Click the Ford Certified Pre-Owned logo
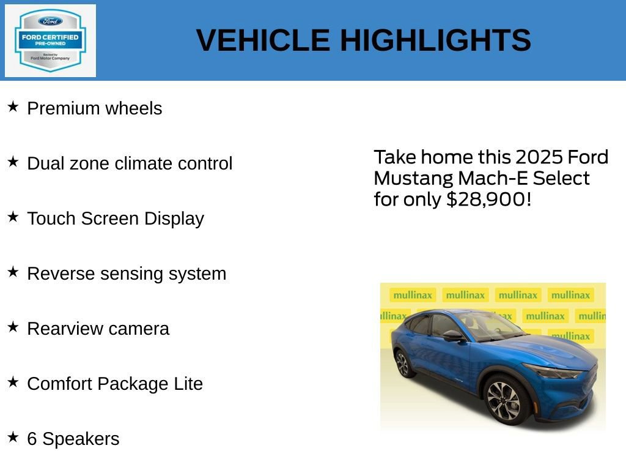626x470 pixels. click(50, 40)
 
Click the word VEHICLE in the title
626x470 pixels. click(263, 40)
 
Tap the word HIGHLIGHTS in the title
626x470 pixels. click(435, 40)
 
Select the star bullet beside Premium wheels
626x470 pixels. click(13, 107)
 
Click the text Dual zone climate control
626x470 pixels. click(130, 163)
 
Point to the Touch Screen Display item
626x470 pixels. click(116, 218)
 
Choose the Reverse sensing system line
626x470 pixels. click(127, 274)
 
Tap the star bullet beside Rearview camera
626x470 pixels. click(13, 327)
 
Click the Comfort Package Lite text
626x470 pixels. click(115, 384)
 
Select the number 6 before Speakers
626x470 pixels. click(32, 439)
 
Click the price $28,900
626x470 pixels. click(485, 200)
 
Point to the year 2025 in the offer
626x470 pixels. click(539, 157)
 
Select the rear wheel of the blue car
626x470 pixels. click(402, 364)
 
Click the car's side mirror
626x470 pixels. click(453, 335)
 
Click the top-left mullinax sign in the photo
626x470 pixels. click(413, 295)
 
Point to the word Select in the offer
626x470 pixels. click(561, 179)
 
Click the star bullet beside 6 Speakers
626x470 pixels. click(13, 438)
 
